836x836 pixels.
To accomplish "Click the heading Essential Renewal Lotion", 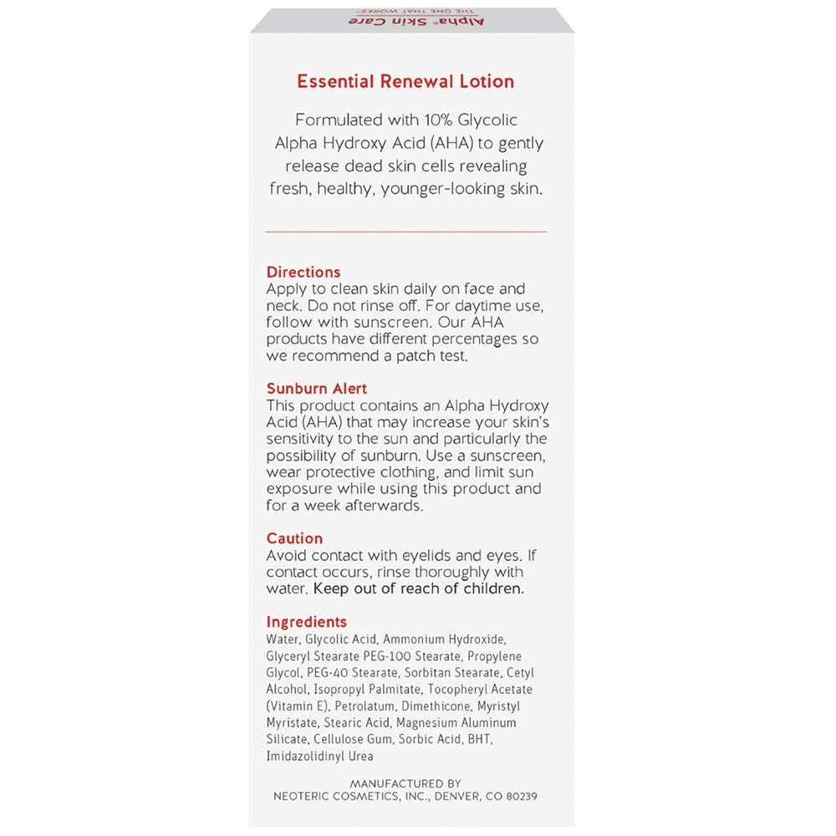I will (x=405, y=82).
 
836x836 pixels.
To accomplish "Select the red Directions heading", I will (x=303, y=272).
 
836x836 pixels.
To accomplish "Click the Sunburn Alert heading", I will (x=317, y=389).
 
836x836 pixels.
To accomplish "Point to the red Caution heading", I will (x=294, y=538).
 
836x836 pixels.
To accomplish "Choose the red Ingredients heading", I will (x=306, y=622).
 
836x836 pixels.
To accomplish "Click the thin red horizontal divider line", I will (x=405, y=231).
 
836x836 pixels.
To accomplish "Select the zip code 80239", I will (x=520, y=797).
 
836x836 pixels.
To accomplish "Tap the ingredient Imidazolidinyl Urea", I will (x=320, y=757).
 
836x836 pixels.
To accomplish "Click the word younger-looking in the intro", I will (x=432, y=189).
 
